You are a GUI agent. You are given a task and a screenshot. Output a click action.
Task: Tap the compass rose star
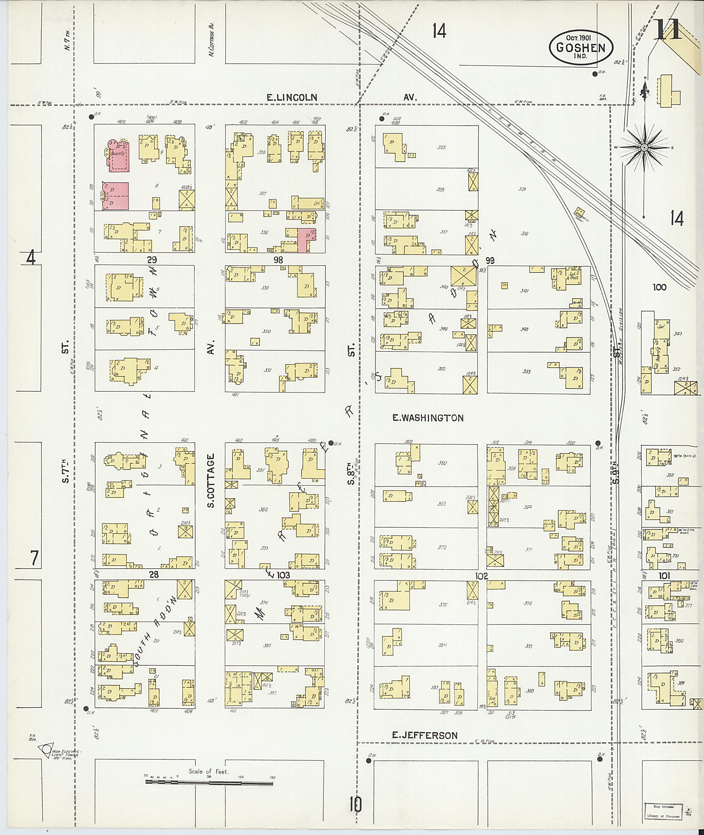644,148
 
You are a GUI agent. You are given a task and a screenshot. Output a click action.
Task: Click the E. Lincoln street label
292,97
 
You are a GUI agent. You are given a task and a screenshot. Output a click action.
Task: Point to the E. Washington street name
428,418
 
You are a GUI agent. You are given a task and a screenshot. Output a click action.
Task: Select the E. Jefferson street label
424,735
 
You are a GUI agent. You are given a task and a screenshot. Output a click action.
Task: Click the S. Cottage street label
211,481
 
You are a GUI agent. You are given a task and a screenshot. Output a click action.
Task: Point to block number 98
278,260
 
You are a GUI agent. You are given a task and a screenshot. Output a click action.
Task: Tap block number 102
481,576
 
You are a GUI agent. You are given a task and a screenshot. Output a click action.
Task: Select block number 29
152,260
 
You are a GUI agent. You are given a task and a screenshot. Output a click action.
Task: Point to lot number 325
441,147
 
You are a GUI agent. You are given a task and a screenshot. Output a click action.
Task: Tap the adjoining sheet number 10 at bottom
355,804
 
